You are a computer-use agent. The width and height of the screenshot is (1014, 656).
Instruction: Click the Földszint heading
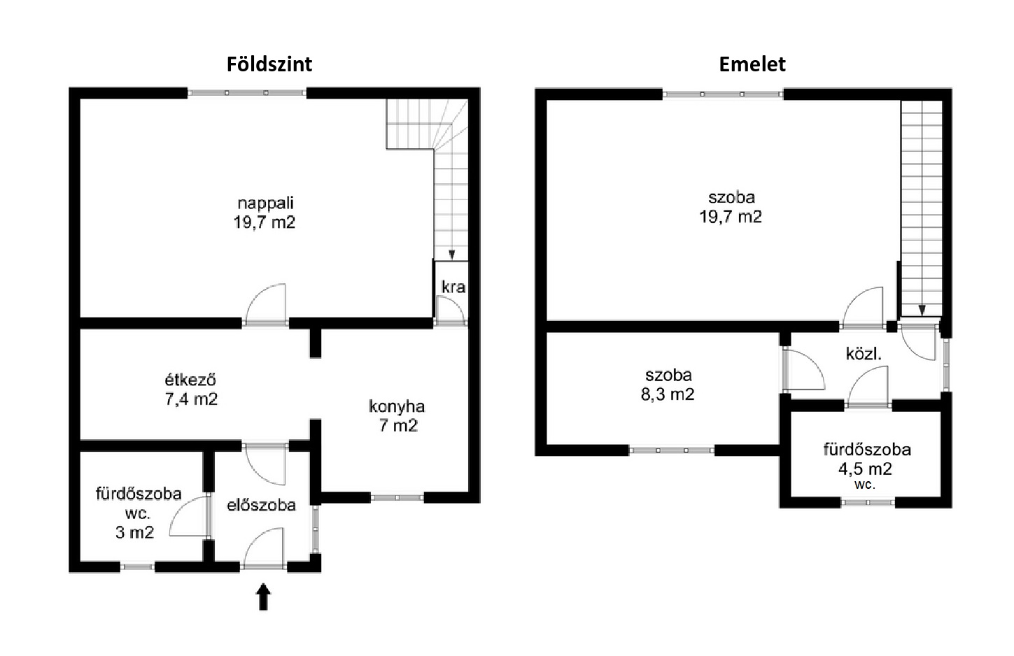tap(269, 65)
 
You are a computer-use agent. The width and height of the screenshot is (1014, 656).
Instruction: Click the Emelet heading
tap(752, 65)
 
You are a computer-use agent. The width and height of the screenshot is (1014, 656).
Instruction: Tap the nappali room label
tap(266, 203)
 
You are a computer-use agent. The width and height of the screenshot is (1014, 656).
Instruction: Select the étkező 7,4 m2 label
tap(191, 390)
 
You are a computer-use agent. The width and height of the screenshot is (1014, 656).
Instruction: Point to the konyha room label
tap(397, 406)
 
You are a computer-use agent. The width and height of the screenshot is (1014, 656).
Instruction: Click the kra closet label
tap(453, 287)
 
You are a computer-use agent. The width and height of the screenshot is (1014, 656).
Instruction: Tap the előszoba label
tap(261, 505)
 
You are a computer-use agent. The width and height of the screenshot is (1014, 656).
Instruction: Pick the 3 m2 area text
tap(134, 532)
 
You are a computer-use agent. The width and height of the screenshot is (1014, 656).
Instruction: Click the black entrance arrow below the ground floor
tap(263, 597)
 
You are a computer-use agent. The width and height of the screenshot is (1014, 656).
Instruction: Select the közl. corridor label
tap(864, 354)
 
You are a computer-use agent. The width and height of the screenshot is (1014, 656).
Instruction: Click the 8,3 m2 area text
tap(668, 394)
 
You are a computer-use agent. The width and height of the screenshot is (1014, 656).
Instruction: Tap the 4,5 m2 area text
tap(865, 469)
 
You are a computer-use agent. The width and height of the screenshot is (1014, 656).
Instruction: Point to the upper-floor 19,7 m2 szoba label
tap(731, 207)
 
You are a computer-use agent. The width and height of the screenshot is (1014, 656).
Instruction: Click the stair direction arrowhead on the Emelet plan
tap(922, 311)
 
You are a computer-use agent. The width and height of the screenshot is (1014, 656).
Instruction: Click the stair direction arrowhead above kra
tap(451, 255)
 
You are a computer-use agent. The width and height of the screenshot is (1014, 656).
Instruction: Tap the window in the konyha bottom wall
tap(397, 498)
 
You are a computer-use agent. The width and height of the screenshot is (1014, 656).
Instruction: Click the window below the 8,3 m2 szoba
tap(672, 450)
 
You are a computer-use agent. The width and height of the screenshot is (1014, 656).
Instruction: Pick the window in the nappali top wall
tap(247, 93)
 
